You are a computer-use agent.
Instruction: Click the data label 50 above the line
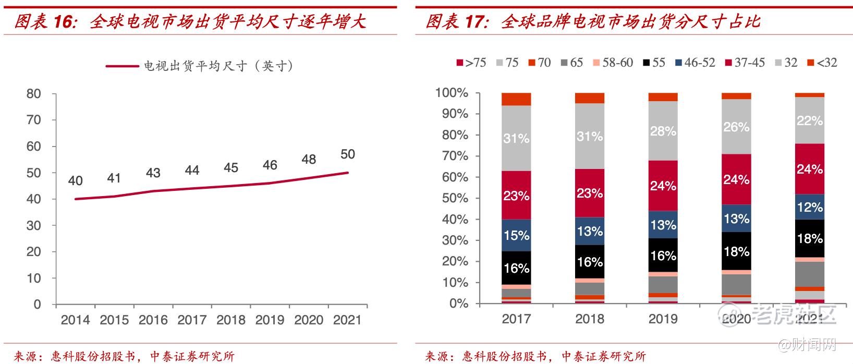coord(347,154)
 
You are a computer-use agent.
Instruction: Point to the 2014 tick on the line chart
coord(75,320)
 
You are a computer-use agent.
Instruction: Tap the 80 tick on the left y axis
coord(33,94)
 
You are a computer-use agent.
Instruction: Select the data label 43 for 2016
coord(153,173)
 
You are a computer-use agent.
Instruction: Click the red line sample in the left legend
coord(124,66)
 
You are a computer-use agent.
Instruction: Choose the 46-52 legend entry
coord(695,63)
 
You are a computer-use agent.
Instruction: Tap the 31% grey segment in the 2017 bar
coord(516,138)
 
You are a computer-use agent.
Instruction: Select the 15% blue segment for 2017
coord(516,235)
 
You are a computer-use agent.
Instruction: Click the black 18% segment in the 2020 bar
coord(736,251)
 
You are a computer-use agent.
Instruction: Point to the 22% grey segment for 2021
coord(809,120)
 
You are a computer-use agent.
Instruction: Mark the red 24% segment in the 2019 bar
coord(663,186)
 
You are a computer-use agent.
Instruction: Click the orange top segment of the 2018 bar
coord(590,98)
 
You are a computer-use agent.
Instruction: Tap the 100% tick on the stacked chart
coord(452,93)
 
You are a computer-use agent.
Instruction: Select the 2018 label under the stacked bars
coord(590,319)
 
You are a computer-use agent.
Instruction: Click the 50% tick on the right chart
coord(455,198)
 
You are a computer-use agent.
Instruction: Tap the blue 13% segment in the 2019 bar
coord(663,225)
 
